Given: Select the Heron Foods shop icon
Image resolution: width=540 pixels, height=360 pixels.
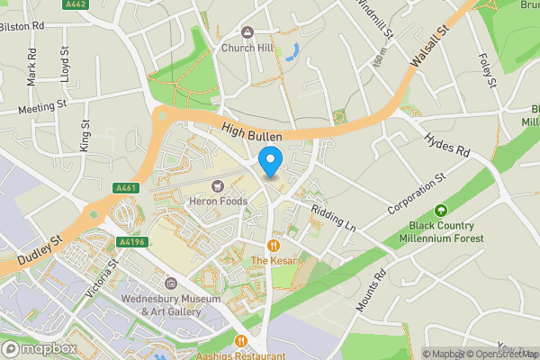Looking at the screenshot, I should tap(217, 186).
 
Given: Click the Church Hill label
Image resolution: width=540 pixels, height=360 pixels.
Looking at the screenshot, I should tap(247, 48).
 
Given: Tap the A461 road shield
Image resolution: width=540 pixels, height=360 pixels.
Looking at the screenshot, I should tap(125, 188).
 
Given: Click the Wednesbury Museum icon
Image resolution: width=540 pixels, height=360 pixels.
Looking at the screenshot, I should tap(171, 283).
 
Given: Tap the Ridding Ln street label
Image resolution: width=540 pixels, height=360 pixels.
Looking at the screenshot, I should tap(333, 219).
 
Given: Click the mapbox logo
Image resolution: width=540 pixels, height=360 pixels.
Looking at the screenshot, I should tap(39, 348).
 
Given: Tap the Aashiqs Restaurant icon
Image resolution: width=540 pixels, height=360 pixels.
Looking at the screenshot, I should tap(241, 341).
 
